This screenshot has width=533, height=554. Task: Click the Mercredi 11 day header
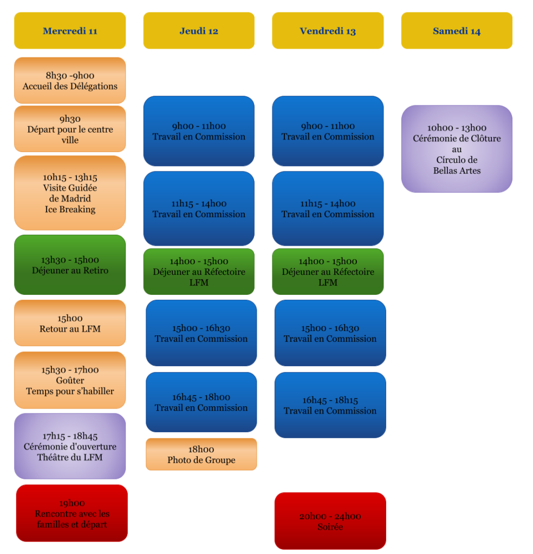tap(70, 31)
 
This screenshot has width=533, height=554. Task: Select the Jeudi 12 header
tap(199, 31)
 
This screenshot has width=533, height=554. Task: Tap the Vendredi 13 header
tap(328, 31)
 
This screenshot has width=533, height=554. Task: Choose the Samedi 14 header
tap(457, 31)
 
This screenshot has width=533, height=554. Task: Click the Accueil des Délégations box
tap(70, 81)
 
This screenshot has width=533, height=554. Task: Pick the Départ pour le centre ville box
tap(70, 129)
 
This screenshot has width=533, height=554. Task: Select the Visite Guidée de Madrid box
tap(70, 193)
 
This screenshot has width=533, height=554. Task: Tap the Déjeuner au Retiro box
tap(70, 265)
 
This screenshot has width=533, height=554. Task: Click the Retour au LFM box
tap(70, 323)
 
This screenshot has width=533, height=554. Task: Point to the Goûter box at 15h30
tap(70, 380)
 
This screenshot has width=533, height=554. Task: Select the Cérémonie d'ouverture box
tap(70, 446)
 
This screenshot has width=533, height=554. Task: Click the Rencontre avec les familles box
tap(72, 513)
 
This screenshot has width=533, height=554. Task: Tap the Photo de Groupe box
tap(201, 454)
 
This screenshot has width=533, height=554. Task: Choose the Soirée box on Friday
tap(330, 521)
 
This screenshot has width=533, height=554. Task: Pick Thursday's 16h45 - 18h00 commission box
tap(201, 403)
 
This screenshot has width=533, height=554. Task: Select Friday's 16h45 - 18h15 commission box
tap(330, 405)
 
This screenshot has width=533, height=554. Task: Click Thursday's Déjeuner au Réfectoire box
tap(199, 272)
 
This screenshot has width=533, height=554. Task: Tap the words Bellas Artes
tap(457, 171)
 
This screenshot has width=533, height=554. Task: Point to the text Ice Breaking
tap(70, 209)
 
